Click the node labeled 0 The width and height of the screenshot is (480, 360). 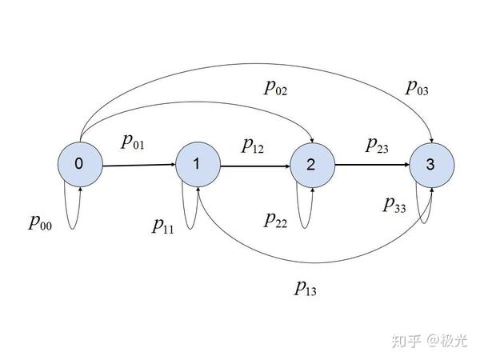click(78, 164)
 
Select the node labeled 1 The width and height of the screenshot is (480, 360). click(197, 165)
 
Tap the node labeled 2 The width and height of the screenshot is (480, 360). click(312, 165)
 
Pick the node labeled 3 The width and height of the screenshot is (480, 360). click(430, 166)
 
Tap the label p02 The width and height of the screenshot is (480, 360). click(277, 88)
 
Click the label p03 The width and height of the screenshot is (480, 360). click(416, 86)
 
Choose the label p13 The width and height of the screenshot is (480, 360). click(306, 286)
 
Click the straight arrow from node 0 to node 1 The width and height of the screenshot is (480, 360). click(138, 166)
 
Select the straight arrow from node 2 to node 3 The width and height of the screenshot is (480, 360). click(371, 166)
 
